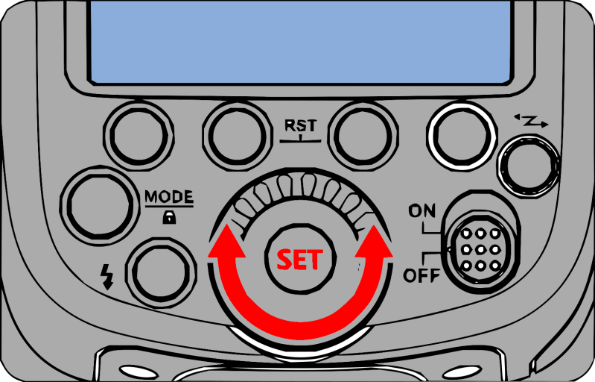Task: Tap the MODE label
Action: pos(168,197)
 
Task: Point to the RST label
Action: pos(301,125)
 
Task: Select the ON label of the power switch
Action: pos(421,211)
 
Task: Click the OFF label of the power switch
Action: pos(421,277)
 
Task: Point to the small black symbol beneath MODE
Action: pos(168,216)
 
